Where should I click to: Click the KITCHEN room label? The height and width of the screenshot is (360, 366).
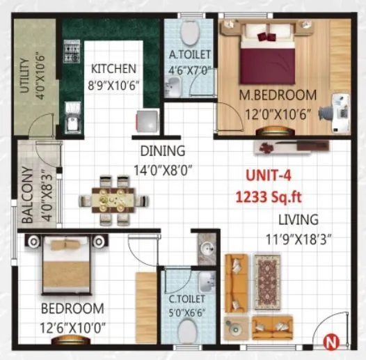114,69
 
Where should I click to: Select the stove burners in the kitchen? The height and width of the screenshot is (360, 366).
70,52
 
